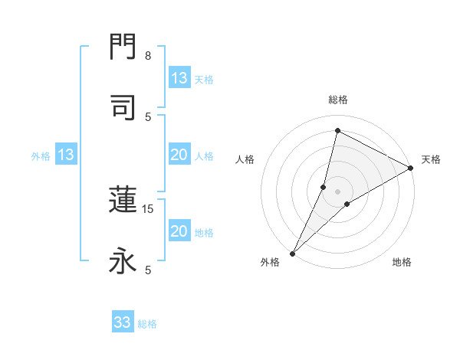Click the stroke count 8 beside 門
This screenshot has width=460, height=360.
(148, 56)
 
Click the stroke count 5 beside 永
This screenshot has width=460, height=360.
(148, 270)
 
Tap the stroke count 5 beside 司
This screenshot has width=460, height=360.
(148, 116)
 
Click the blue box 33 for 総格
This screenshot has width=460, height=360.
(123, 322)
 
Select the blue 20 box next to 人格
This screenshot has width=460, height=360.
(179, 155)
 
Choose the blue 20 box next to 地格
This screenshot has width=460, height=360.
(179, 231)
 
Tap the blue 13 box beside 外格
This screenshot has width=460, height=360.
(66, 155)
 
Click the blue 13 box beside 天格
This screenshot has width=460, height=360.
(179, 78)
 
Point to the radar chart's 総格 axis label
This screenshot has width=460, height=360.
(338, 100)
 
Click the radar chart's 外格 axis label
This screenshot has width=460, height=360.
(270, 263)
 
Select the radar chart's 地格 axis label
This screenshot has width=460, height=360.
(402, 263)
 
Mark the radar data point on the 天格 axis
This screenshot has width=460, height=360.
(411, 169)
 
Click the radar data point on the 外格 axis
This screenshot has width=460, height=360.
(292, 253)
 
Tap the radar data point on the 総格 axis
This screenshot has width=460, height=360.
(337, 131)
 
